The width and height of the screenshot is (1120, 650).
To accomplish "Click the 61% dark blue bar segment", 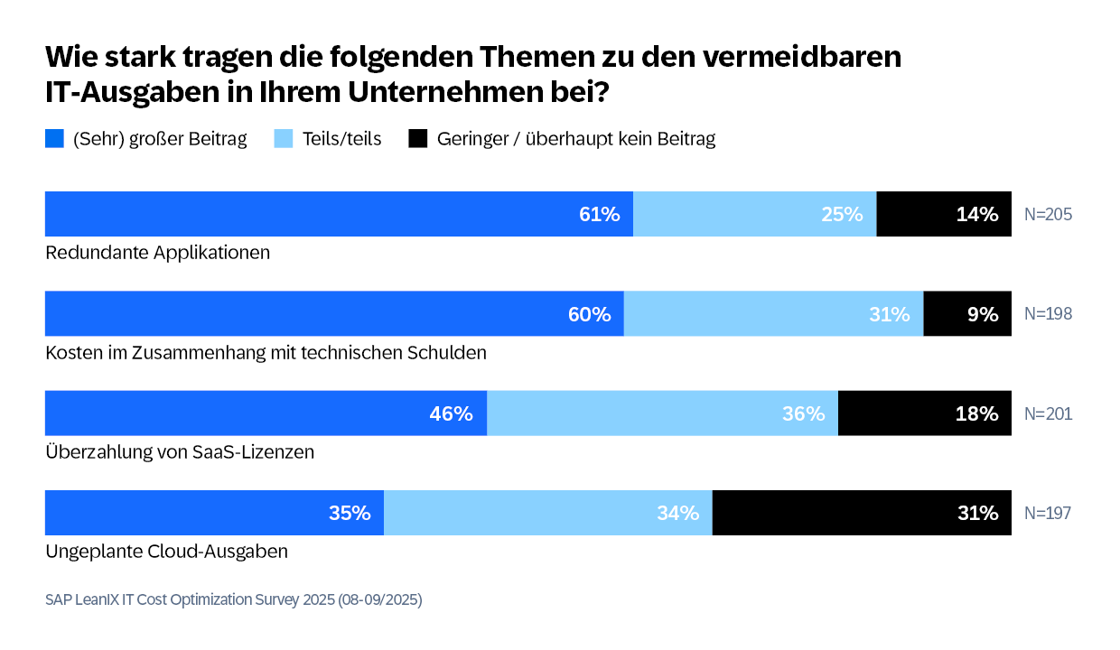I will pos(339,214).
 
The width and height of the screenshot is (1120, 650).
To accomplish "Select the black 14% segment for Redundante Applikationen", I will pos(944,214).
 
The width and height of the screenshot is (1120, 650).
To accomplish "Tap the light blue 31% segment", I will pos(773,314).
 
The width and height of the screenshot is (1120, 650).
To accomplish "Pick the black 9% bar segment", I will pos(967,314).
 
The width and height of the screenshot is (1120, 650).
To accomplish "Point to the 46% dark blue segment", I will pos(266,413).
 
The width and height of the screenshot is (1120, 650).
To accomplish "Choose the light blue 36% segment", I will pos(662,413).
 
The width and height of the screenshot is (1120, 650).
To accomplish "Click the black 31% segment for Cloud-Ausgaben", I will pos(862,513).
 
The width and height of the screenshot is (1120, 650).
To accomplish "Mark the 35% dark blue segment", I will pos(214,513).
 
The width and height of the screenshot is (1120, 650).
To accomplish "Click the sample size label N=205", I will pos(1048,215).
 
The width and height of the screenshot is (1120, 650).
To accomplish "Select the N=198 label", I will pos(1048,314).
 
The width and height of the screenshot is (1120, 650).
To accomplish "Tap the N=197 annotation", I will pos(1048,513).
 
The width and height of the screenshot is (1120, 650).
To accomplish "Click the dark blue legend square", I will pos(54,139).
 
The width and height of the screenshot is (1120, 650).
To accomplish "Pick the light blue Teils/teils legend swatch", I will pos(284,139).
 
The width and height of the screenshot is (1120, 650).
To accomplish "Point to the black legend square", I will pos(418,139).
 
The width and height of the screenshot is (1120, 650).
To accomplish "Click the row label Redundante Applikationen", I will pos(158,253).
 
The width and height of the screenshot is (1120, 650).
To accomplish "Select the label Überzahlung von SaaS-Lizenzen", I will pos(180,451).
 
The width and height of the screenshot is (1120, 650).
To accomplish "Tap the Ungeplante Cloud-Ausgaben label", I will pos(166,551).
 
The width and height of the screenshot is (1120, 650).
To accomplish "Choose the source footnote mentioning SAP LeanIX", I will pos(233,599).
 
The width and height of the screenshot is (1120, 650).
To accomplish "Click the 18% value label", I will pos(977,413).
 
